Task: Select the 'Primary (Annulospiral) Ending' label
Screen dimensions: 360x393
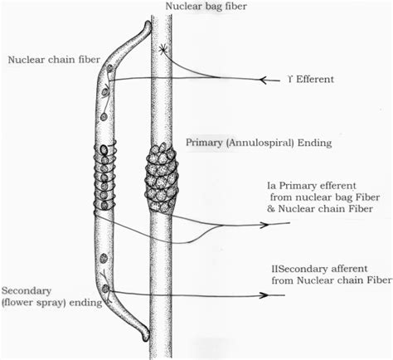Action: pos(249,143)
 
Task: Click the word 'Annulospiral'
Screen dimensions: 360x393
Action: pos(255,143)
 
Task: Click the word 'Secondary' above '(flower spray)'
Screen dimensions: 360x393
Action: pos(27,290)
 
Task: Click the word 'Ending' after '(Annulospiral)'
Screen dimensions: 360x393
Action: pos(315,143)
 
